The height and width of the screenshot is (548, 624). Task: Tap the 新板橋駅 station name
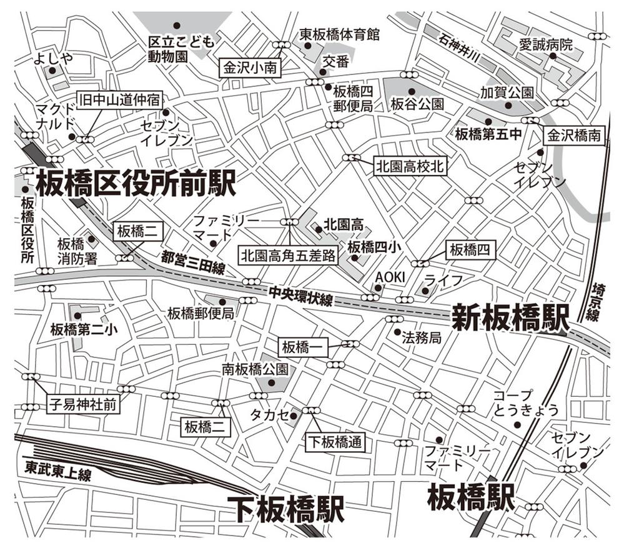pos(510,317)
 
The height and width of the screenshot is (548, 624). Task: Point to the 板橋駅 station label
pos(471,498)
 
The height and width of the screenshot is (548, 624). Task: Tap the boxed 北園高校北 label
pos(410,166)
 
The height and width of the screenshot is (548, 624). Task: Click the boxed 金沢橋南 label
pos(576,134)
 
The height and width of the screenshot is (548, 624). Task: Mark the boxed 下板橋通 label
pos(335,442)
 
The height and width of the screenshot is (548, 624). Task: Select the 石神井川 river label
pos(458,47)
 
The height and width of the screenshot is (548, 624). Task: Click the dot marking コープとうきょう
pos(517,425)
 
